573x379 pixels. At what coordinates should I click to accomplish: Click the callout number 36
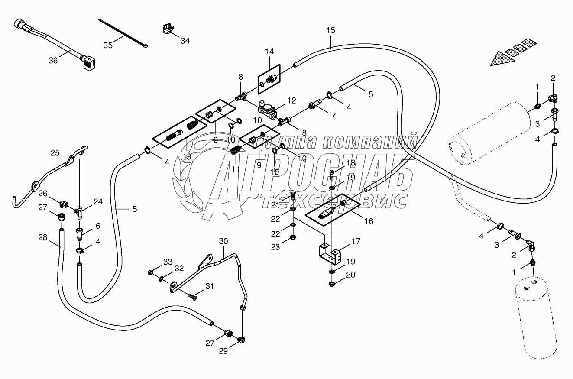tap(53, 61)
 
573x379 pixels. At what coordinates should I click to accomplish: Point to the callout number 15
tap(331, 30)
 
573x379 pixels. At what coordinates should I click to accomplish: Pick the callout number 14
tap(269, 52)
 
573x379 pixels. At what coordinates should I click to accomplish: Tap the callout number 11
tap(235, 170)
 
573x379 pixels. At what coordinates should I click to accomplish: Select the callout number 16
tap(369, 221)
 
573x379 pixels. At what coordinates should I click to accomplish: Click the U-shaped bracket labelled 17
tap(329, 254)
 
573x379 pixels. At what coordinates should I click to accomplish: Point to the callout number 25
tap(55, 153)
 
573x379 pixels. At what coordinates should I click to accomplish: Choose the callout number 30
tap(223, 241)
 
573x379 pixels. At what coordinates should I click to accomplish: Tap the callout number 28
tap(42, 237)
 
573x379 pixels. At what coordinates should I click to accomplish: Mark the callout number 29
tap(223, 351)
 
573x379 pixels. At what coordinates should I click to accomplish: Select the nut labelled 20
tap(331, 284)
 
